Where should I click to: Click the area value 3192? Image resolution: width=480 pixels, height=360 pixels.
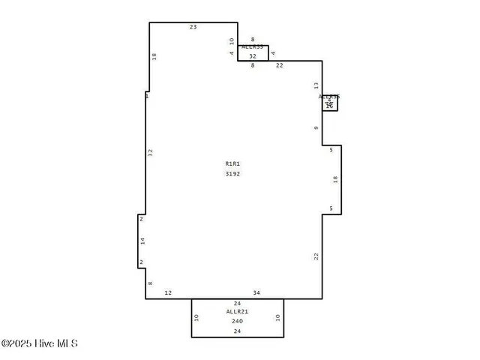pos(232,173)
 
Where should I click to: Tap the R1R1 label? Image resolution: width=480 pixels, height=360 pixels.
pos(232,163)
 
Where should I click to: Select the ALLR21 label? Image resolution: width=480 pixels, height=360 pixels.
pos(237,311)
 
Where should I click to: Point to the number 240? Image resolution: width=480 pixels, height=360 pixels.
pos(237,321)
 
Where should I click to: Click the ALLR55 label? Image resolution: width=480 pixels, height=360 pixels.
pos(252,46)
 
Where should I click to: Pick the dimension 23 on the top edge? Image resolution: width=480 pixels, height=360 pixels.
pos(193,27)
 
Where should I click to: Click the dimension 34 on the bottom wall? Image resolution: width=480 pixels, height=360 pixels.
pos(256,292)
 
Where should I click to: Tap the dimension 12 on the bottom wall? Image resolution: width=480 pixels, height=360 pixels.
pos(168,292)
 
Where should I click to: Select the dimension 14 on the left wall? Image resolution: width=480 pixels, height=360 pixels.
pos(142,241)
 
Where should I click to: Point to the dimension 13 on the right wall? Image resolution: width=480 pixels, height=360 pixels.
pos(316,86)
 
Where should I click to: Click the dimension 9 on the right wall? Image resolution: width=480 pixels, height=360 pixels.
pos(316,127)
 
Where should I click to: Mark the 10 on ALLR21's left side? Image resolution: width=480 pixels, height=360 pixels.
pos(196,317)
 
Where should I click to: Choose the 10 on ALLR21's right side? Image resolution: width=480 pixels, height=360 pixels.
pos(277,317)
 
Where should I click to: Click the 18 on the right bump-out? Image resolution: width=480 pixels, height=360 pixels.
pos(335,179)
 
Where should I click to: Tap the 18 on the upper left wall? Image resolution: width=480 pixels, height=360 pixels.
pos(154,55)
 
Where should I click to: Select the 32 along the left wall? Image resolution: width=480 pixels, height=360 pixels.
pos(150,151)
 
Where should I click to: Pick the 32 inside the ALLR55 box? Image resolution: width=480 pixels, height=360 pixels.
pos(253,56)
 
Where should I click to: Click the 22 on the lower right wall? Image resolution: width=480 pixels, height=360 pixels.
pos(316,256)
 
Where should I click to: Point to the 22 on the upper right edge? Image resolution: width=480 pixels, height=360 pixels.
pos(279,66)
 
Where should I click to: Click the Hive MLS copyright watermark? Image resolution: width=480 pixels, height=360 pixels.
pos(39,343)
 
